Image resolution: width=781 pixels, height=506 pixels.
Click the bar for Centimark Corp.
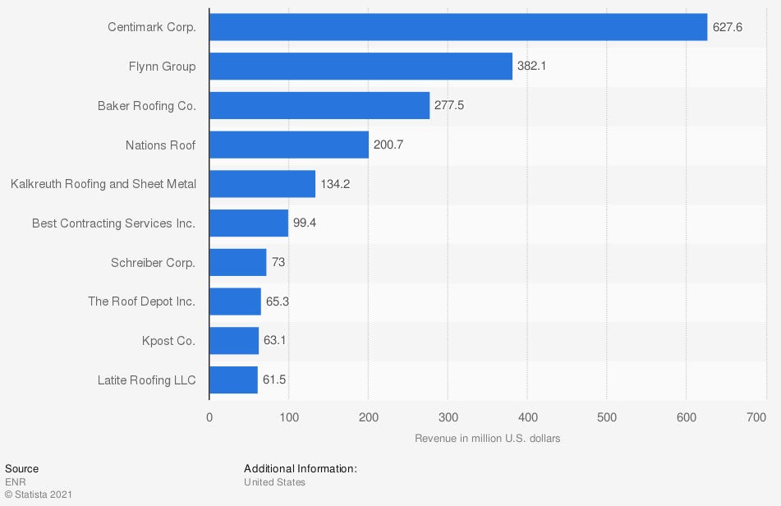point(458,27)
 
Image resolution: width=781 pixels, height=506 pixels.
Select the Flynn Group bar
point(361,67)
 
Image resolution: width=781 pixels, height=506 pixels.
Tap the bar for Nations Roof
point(289,145)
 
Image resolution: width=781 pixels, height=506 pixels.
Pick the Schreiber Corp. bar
point(238,262)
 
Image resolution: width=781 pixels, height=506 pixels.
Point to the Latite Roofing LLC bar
point(233,379)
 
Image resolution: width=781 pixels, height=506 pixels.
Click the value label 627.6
point(728,27)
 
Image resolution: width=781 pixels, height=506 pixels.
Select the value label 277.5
point(449,106)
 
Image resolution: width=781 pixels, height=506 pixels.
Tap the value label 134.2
point(335,184)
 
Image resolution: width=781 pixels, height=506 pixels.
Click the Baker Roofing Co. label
point(146,106)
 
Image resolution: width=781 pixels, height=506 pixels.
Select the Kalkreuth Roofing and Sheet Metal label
point(103,184)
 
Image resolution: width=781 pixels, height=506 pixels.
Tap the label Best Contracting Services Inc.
point(113,223)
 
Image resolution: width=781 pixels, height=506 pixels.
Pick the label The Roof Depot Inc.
point(141,301)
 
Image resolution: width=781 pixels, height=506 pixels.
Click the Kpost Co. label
point(168,340)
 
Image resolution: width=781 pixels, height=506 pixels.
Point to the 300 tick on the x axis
point(448,418)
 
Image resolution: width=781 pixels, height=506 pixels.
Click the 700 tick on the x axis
point(756,418)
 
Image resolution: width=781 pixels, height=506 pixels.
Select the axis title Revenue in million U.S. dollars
point(488,439)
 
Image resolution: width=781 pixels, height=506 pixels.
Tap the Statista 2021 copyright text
point(39,494)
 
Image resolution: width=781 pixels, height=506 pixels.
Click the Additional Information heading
point(301,469)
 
